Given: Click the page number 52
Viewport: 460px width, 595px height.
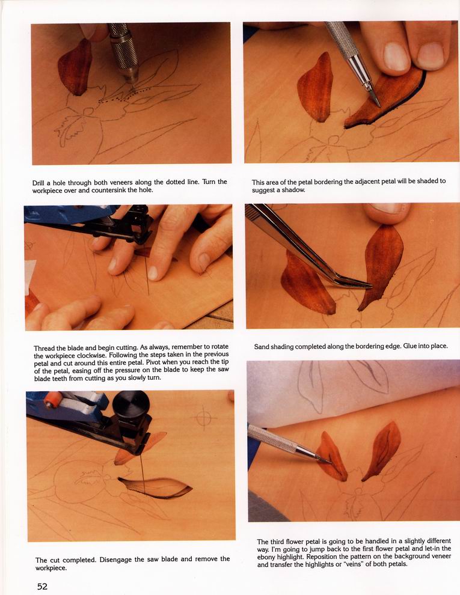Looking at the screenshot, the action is (x=42, y=586).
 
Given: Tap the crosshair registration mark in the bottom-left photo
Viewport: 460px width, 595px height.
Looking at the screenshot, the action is (x=204, y=418).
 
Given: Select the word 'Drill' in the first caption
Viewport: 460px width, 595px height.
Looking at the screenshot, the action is (x=38, y=183).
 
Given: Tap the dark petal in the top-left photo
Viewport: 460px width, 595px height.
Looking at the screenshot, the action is (x=75, y=67).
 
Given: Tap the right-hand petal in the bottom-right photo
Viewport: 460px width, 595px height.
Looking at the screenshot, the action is (x=382, y=450).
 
